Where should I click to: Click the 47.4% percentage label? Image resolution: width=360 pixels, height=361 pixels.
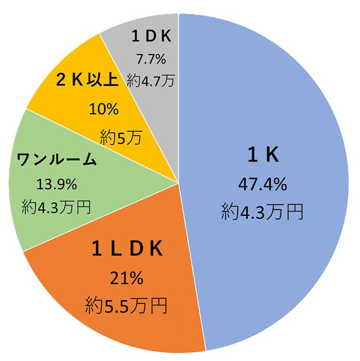[x=262, y=185]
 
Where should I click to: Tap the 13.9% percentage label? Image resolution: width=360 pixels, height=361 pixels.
[x=56, y=184]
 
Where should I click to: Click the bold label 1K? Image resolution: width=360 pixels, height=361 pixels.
[x=263, y=155]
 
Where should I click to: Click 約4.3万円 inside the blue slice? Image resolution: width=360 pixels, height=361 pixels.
[x=262, y=211]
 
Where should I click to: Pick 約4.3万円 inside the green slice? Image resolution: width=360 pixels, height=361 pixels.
[x=56, y=206]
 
